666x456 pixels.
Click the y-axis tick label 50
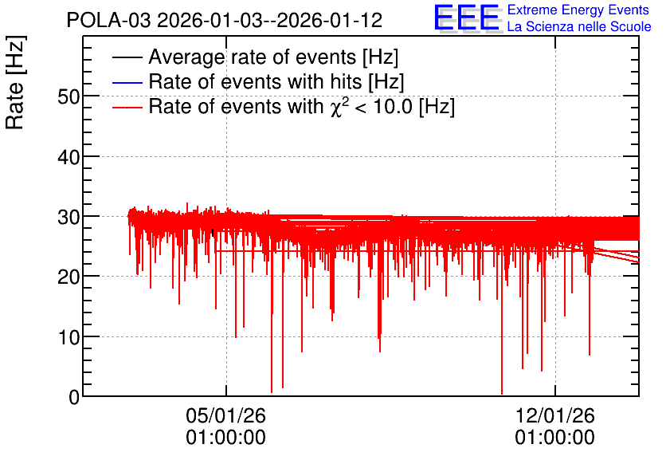69,97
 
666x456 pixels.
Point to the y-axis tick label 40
69,157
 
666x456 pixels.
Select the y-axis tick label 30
69,217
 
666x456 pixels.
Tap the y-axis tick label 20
69,277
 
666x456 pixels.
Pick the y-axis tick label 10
69,337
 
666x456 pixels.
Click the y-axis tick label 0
74,397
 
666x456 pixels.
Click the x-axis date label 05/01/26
226,415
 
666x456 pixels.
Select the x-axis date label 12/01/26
555,415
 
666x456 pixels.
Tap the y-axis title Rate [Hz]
15,82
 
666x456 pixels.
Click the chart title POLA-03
108,20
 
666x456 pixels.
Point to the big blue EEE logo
467,18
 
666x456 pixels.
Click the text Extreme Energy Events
578,10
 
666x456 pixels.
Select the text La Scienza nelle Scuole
579,27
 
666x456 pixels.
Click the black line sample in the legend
127,57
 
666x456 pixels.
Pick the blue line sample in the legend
127,82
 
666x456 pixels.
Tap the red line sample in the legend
127,107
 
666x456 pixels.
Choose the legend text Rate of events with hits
255,81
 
